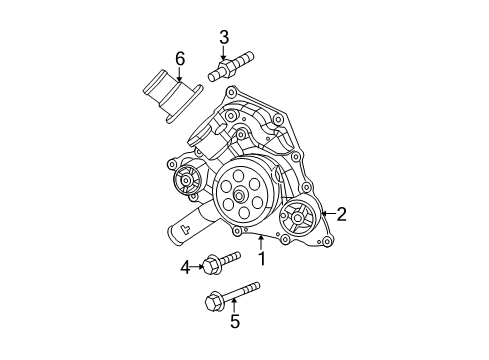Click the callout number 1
pyautogui.click(x=262, y=259)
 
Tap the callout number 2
pyautogui.click(x=341, y=213)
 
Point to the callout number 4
pyautogui.click(x=184, y=266)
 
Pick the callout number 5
pyautogui.click(x=235, y=321)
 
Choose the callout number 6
pyautogui.click(x=180, y=59)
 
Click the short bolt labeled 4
pyautogui.click(x=221, y=263)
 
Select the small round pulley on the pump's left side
pyautogui.click(x=185, y=181)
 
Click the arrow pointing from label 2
pyautogui.click(x=327, y=213)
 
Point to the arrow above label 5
pyautogui.click(x=235, y=306)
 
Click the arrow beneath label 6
pyautogui.click(x=180, y=76)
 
